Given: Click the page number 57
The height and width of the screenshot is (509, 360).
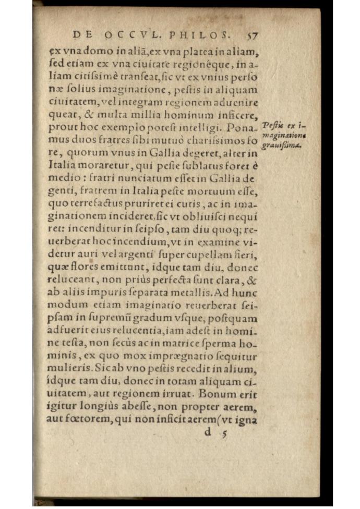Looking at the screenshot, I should click(x=252, y=36).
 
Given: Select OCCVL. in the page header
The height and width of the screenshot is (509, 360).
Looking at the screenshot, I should click(x=130, y=35).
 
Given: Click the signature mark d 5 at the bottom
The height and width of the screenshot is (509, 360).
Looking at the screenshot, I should click(x=217, y=432).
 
